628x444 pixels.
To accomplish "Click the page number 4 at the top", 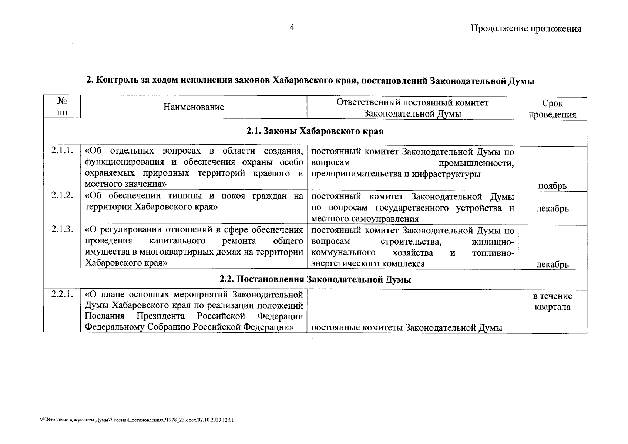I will pos(292,27).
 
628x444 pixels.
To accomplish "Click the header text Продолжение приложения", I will pos(525,29).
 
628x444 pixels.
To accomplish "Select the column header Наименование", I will pos(194,107).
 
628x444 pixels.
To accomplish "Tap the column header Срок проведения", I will pos(552,109).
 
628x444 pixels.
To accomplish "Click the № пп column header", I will pos(62,107).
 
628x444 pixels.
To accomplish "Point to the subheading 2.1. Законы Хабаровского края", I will pos(315,131).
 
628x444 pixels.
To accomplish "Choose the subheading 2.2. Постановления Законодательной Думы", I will pos(315,280).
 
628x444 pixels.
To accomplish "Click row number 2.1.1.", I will pos(62,151).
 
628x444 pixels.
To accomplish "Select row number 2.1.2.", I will pos(62,196).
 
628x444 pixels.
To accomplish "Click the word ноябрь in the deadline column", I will pos(552,186).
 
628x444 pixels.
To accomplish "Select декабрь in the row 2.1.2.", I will pos(552,209).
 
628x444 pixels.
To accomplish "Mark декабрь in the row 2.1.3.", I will pos(552,265).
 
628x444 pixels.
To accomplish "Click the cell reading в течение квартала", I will pos(552,301).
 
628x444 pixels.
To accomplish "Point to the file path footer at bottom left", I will pos(137,420).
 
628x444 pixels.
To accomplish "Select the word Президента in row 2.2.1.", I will pos(161,316).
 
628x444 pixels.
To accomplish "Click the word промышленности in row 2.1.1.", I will pos(476,163).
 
